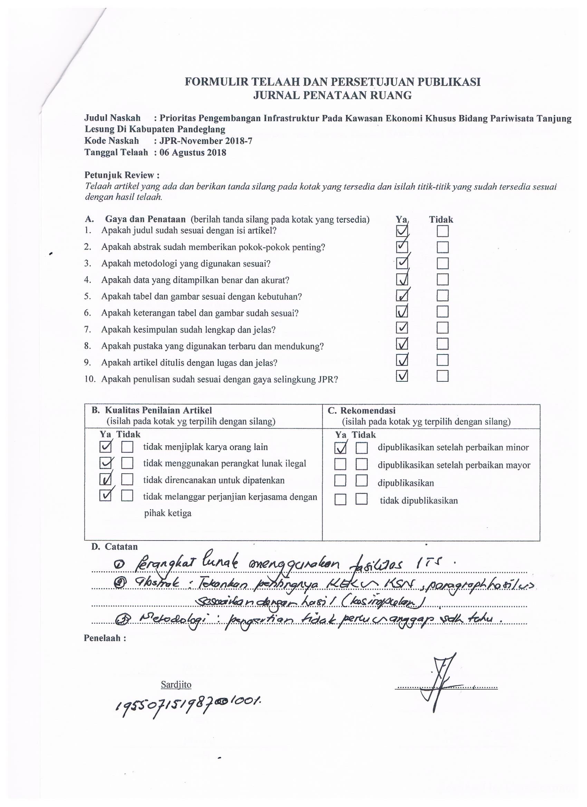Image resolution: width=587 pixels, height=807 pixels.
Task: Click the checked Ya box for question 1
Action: (x=402, y=232)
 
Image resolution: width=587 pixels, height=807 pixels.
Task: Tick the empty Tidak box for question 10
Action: (x=442, y=376)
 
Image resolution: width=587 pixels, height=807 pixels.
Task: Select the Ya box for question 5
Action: (x=402, y=296)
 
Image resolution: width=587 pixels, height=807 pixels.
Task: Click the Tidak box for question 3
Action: (x=442, y=263)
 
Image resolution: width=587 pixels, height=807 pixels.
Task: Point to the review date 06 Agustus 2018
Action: (x=193, y=153)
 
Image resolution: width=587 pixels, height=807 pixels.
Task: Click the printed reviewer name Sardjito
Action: (x=176, y=684)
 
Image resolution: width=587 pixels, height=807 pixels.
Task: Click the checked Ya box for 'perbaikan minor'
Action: (x=340, y=448)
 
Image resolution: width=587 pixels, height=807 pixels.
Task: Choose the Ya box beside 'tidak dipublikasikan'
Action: (x=340, y=500)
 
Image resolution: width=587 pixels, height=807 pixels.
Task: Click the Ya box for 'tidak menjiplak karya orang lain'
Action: (x=105, y=447)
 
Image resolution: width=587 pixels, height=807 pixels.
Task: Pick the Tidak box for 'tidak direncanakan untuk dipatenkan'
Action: (x=127, y=480)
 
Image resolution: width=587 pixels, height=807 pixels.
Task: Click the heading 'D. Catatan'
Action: (x=114, y=546)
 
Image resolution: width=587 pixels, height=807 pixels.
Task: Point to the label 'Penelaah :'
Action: (x=105, y=638)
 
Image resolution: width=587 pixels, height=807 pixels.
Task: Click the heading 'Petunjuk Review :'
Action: (x=122, y=175)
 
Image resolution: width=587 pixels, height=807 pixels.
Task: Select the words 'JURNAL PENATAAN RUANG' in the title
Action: (x=332, y=95)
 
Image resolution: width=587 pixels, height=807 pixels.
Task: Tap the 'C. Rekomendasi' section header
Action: (x=361, y=410)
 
